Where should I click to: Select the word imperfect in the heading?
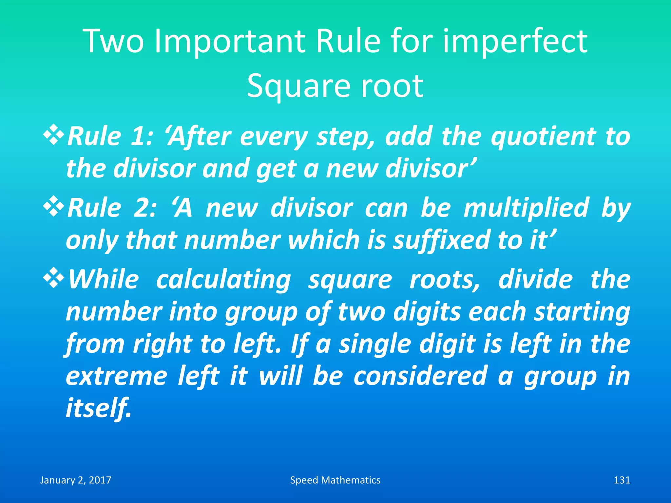tap(515, 42)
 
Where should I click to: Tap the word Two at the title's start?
tap(113, 41)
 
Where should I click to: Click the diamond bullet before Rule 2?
tap(53, 208)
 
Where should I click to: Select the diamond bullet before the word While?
tap(53, 279)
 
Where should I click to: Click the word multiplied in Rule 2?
tap(526, 208)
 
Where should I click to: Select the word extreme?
tap(116, 376)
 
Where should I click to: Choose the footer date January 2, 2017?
tap(76, 480)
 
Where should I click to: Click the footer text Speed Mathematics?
tap(335, 480)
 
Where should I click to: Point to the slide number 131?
tap(622, 480)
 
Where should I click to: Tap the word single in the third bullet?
tap(375, 344)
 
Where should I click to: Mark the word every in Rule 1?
tap(274, 137)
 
